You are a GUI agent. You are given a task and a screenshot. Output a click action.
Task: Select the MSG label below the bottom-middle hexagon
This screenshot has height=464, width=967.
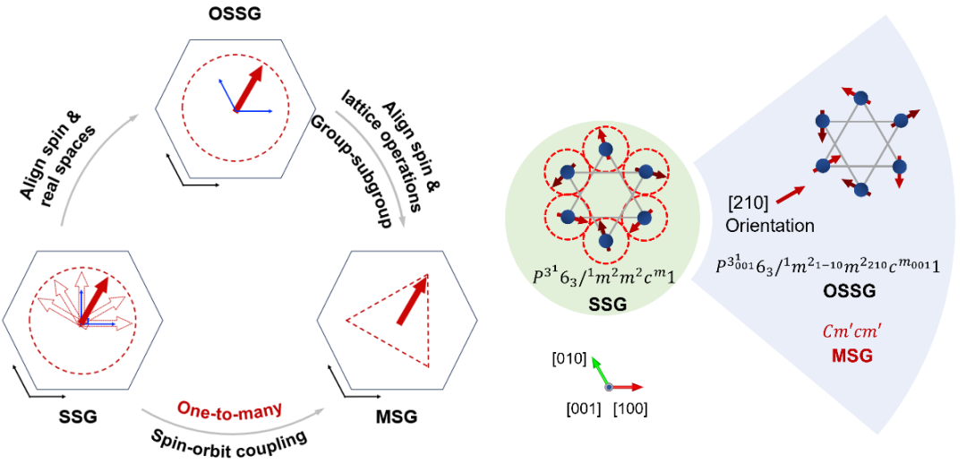397,418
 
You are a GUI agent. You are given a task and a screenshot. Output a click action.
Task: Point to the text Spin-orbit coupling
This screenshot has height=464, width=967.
229,439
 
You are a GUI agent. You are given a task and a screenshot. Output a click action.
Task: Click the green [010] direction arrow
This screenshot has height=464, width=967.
599,370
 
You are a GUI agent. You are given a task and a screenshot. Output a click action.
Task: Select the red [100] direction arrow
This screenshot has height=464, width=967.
626,387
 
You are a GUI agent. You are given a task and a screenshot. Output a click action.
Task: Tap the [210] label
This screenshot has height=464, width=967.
746,202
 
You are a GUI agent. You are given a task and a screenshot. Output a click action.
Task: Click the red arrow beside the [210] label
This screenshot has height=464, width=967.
789,194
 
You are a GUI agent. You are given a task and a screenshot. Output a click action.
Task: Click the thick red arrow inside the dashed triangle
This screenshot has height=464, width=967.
413,300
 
